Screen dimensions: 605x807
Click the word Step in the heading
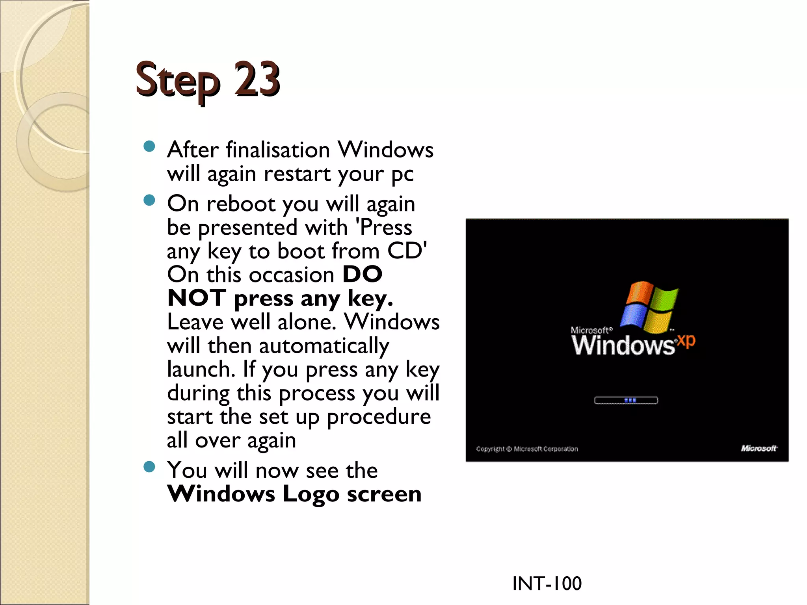pos(177,81)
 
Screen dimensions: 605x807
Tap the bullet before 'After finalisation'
pos(149,147)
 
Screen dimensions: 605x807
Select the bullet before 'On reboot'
pos(149,201)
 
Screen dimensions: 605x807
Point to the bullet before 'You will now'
pos(149,467)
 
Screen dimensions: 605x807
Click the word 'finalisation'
pos(278,150)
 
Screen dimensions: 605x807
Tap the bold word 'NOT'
pos(197,298)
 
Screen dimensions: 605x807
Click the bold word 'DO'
pos(362,274)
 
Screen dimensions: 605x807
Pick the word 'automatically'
pos(324,346)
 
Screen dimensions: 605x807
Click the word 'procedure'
pos(379,417)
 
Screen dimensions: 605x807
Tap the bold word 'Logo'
pos(311,494)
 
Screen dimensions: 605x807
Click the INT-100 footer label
pos(547,583)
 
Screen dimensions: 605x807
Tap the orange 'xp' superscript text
pos(686,341)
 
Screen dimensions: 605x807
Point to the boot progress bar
pos(626,401)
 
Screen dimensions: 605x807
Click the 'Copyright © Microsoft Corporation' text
pos(527,449)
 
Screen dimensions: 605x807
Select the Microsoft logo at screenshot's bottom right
pos(759,448)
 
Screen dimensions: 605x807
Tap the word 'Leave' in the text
pos(195,322)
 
